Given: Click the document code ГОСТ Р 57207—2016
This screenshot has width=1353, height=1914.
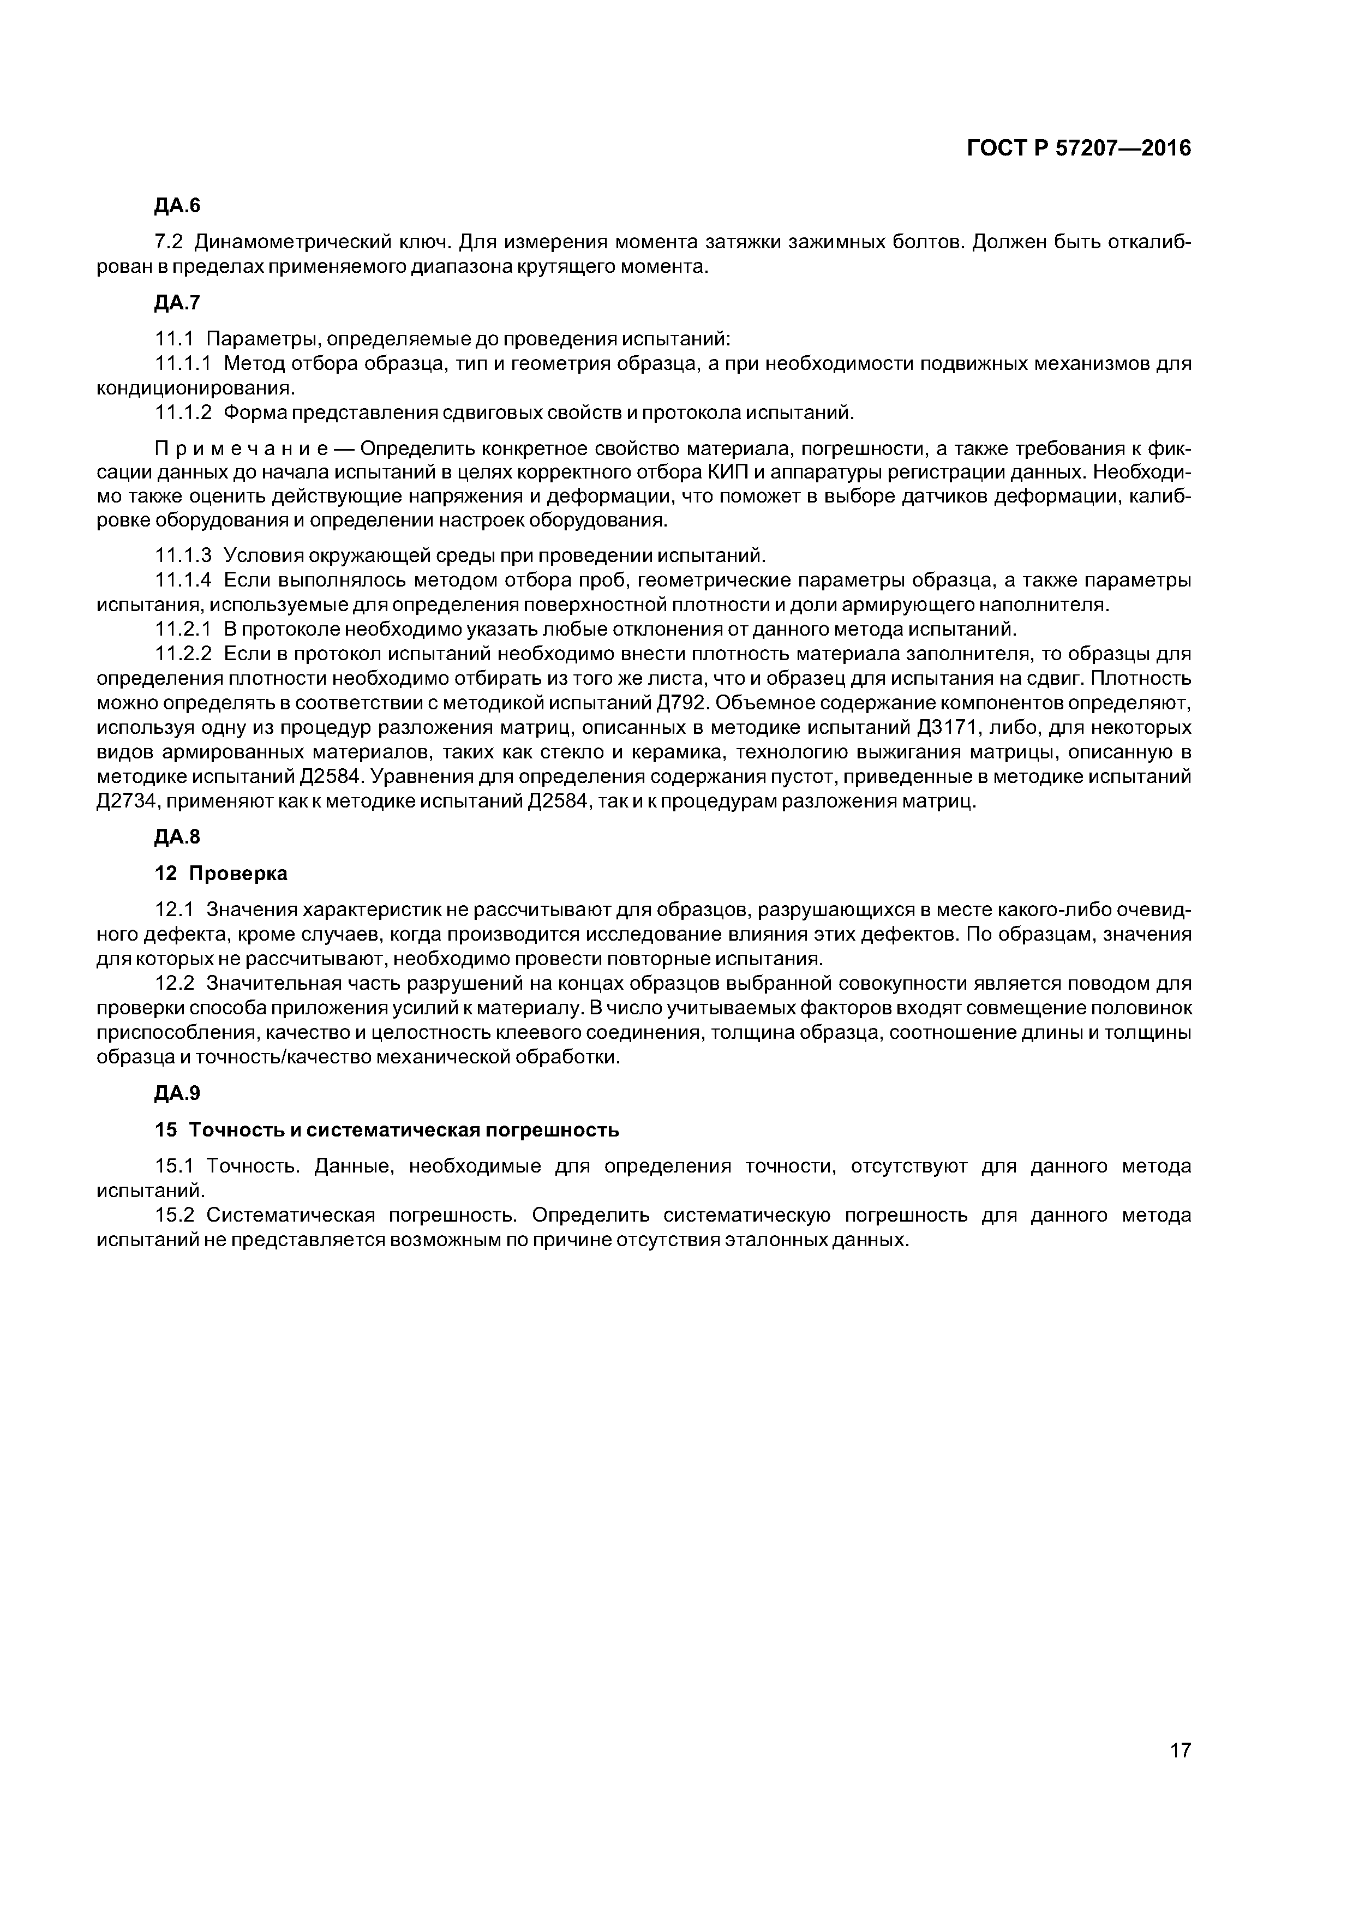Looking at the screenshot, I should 1079,148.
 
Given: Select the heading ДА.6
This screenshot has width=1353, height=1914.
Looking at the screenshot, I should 177,206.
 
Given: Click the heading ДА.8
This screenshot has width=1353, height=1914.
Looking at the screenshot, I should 177,837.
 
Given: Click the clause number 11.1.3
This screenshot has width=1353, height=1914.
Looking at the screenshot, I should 183,555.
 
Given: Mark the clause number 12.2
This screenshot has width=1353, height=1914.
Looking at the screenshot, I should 173,984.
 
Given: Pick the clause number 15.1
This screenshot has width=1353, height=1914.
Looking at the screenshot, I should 173,1165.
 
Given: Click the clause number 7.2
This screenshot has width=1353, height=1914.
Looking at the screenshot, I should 169,243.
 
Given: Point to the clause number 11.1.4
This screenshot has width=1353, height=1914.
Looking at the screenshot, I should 183,579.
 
